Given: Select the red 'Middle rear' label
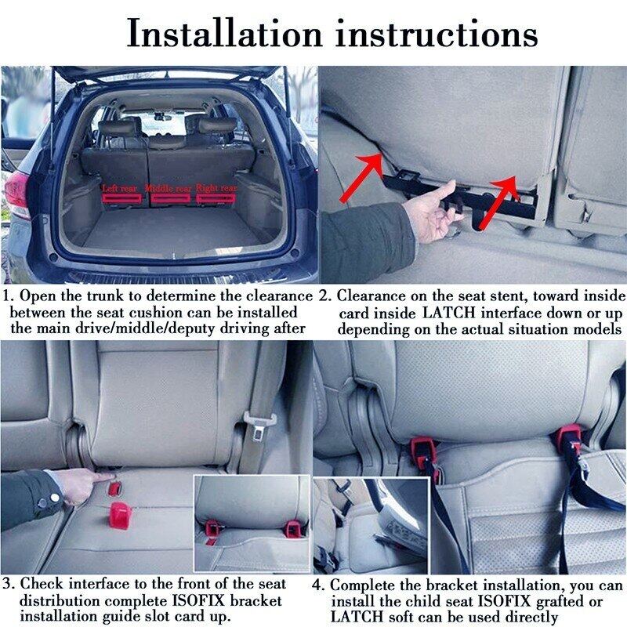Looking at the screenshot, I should [x=169, y=189].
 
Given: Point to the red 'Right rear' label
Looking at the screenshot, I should [x=216, y=189].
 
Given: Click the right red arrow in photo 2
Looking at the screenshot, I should [x=502, y=193].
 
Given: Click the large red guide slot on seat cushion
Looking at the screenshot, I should [x=120, y=515].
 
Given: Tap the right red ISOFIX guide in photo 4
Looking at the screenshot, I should [x=570, y=439].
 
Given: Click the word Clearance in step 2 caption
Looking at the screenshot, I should [x=368, y=296].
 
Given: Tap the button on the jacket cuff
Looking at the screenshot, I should [x=55, y=497].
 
